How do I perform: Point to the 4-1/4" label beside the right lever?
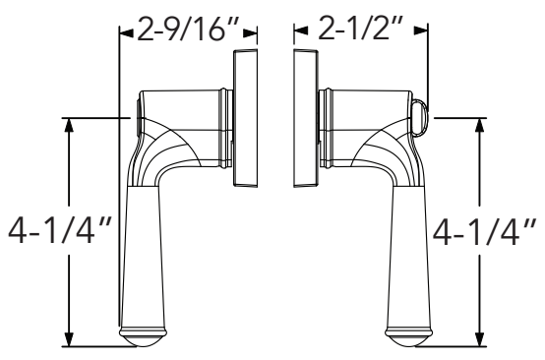482,234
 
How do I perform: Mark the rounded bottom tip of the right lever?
405,340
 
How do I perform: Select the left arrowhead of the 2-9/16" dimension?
123,31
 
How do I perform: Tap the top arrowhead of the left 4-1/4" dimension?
69,125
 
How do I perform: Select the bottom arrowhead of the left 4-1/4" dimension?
69,339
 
